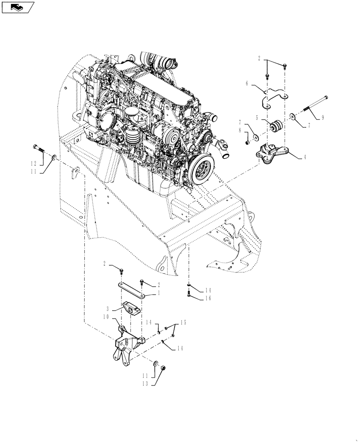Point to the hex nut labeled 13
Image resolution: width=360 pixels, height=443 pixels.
pos(163,368)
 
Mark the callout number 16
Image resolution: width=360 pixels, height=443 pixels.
pos(208,298)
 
